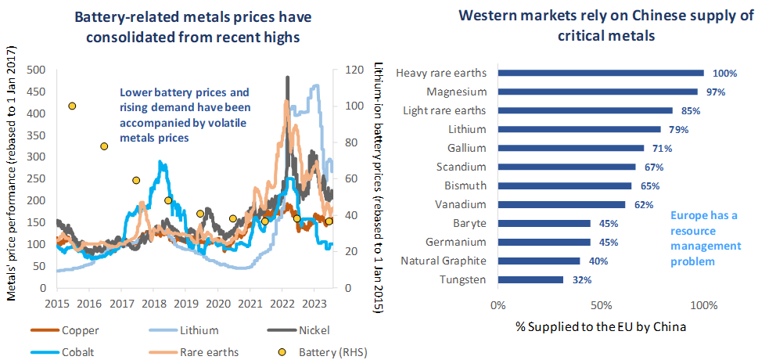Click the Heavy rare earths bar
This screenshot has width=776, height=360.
(600, 73)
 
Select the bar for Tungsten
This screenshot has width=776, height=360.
(530, 279)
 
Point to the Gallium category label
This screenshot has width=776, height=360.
(465, 148)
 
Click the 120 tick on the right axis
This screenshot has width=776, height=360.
(342, 70)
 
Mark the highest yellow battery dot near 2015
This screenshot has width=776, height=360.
(72, 106)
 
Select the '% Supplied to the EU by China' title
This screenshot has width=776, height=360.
(600, 326)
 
